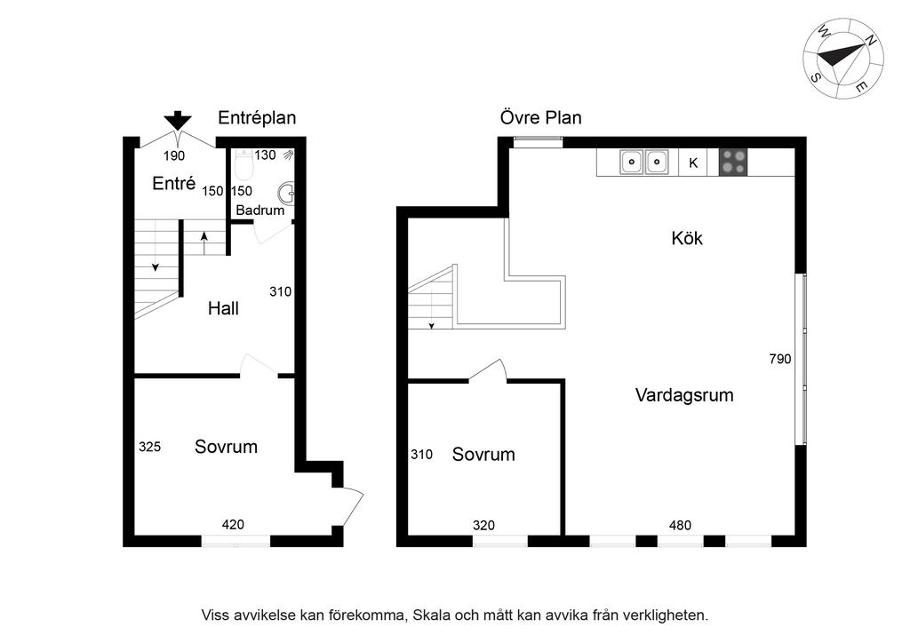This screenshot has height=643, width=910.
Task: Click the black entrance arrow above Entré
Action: pos(177,121)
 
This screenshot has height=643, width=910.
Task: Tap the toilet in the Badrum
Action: pos(244,165)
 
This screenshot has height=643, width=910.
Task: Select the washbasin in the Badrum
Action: pos(286,193)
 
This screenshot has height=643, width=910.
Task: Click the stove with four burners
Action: pos(733,163)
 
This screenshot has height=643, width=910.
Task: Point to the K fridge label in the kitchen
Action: pos(693,163)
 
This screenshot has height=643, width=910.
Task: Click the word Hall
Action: pos(223,308)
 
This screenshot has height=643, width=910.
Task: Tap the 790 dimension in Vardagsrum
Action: pos(780,359)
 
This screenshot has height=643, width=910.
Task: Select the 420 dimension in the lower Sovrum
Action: pos(233,525)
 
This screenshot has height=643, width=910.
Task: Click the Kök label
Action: pos(687,238)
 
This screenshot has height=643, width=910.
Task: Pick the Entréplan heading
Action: pos(257,118)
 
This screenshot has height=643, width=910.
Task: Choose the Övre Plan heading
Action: pos(541,118)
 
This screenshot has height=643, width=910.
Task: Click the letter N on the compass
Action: pos(870,40)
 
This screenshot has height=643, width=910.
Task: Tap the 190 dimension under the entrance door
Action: pos(174,155)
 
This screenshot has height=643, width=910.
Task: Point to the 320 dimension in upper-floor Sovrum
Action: pos(483,525)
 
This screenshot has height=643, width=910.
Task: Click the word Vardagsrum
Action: pos(684,395)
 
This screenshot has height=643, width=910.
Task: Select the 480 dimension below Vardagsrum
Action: pos(680,525)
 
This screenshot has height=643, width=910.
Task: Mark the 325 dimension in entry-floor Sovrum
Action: pos(149,447)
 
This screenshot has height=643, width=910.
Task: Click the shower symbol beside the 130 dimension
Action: pos(288,155)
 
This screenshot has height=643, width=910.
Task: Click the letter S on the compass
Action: pos(816,77)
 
